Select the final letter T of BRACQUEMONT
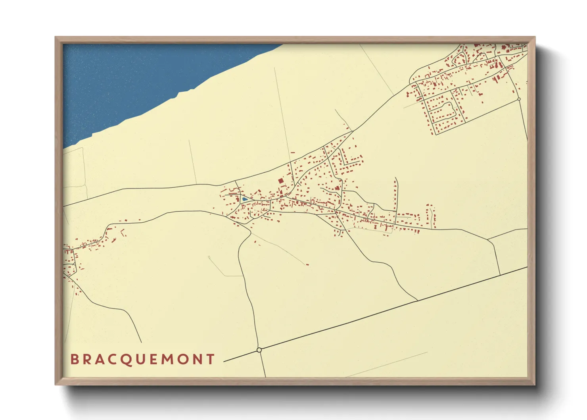(211, 359)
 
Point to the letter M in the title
(167, 359)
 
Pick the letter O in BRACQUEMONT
(182, 359)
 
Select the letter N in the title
(197, 359)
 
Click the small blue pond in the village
(245, 199)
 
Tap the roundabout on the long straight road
(259, 350)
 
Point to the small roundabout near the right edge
(519, 99)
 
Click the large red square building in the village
(281, 181)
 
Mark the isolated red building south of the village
(307, 264)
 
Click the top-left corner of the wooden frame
(56, 37)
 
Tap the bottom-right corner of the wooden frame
(535, 384)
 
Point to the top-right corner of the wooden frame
(535, 37)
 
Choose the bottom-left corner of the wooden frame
(56, 384)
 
